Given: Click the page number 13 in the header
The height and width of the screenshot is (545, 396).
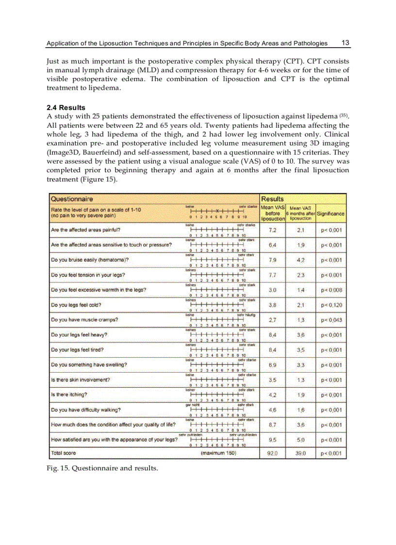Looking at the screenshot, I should (x=346, y=43).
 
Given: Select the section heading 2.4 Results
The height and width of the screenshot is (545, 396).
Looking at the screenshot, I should (x=66, y=108).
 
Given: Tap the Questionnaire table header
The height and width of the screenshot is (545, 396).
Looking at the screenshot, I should (x=72, y=199).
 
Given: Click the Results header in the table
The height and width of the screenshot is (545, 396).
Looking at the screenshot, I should (x=272, y=199).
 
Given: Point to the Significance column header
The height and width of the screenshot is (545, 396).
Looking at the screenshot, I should (x=331, y=214).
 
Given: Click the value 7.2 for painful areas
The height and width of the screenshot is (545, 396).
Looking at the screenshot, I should (x=272, y=230).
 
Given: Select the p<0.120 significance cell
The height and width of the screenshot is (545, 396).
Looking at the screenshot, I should (x=331, y=305).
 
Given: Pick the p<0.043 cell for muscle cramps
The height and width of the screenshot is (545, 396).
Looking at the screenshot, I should (x=331, y=320).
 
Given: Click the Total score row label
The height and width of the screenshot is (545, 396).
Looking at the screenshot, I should (x=64, y=453).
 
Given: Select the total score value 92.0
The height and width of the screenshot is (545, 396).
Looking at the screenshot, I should (x=272, y=454).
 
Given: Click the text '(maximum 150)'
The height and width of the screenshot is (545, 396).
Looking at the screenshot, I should (x=218, y=453).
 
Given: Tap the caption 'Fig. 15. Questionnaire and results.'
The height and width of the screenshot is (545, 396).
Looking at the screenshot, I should (x=102, y=468).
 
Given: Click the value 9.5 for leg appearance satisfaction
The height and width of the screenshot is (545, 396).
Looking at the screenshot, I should (x=272, y=440).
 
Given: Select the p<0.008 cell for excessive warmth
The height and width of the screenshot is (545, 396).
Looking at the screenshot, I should (x=331, y=290).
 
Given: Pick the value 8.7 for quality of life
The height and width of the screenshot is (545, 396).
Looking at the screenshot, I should (x=272, y=425).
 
